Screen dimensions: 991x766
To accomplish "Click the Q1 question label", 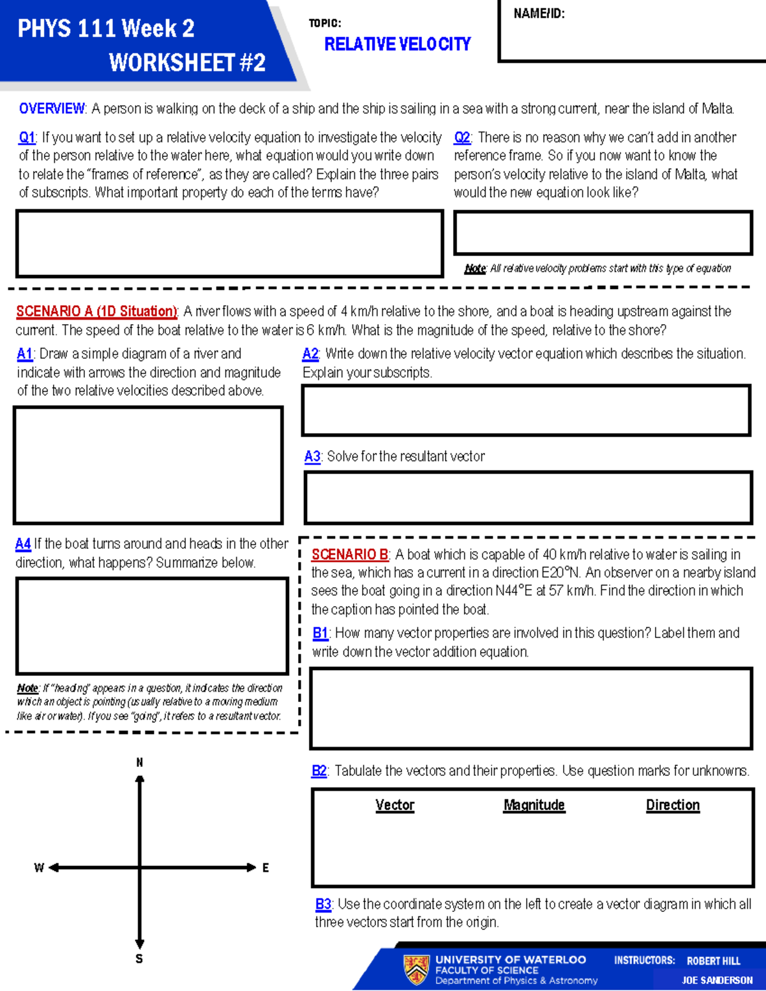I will click(27, 138).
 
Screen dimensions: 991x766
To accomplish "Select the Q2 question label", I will click(462, 138).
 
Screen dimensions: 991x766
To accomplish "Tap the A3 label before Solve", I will click(312, 457).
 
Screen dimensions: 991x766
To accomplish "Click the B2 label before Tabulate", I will click(319, 771).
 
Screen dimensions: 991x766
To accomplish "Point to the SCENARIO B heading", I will click(350, 555).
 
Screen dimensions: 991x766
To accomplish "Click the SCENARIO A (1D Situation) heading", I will click(96, 311).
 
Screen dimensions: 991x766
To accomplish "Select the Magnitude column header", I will click(534, 805).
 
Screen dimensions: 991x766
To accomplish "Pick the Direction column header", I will click(673, 805).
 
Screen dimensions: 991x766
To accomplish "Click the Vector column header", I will click(394, 805).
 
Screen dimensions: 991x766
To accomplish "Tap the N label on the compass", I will click(140, 763).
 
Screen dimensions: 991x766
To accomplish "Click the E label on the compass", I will click(266, 868).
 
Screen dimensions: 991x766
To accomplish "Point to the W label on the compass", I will click(39, 868).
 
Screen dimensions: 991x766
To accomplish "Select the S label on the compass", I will click(139, 959).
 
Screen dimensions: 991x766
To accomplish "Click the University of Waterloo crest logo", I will click(416, 969).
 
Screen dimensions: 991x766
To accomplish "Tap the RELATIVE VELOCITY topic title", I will click(397, 44).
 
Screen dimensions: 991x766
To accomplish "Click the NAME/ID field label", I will click(539, 13).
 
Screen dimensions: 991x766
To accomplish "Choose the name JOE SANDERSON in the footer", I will click(717, 980).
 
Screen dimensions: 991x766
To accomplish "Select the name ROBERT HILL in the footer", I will click(713, 961).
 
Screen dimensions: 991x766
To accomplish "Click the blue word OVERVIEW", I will click(52, 108).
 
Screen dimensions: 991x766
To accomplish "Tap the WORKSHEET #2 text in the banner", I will click(187, 63).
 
